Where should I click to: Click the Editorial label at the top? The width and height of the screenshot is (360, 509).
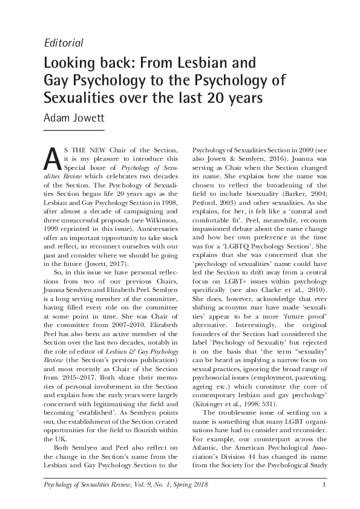point(64,42)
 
